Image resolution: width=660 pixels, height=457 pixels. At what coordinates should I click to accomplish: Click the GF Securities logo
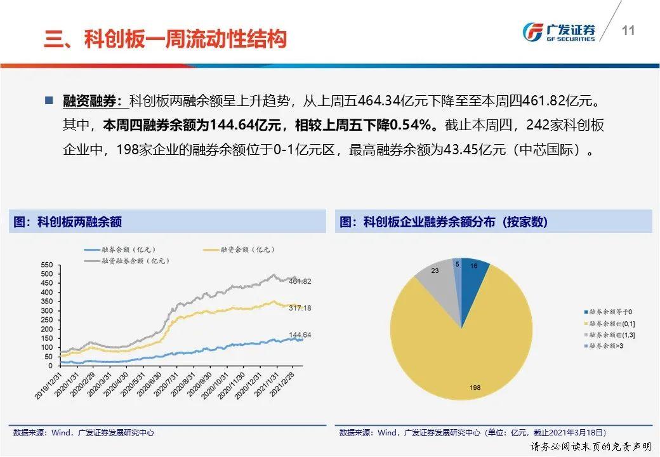click(x=559, y=32)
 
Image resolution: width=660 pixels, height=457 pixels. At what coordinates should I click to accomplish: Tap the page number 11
click(x=628, y=31)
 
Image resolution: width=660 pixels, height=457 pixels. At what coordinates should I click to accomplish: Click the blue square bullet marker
click(x=49, y=100)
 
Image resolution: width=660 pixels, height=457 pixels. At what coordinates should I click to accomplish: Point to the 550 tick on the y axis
click(x=46, y=265)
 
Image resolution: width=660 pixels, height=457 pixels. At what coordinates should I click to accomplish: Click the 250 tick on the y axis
click(x=46, y=320)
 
